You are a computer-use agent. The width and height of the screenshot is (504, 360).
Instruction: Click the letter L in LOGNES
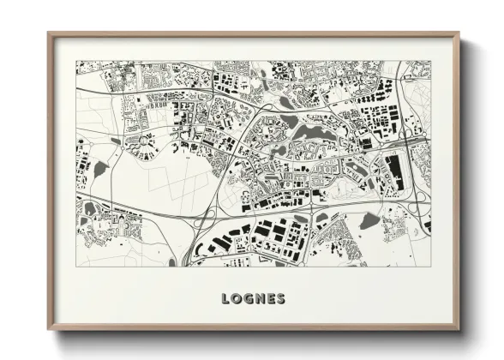(226, 299)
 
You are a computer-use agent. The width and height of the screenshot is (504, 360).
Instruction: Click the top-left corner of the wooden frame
(49, 34)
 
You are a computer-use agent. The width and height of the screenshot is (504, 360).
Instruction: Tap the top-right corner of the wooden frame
(459, 34)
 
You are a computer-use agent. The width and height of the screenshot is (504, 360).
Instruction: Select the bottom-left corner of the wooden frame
(49, 329)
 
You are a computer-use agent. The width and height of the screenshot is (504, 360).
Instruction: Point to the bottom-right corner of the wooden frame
(459, 329)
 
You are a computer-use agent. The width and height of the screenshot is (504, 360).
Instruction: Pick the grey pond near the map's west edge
(99, 169)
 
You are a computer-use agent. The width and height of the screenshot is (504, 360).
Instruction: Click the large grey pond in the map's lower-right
(369, 221)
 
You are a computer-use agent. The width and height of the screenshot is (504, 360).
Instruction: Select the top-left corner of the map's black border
(76, 61)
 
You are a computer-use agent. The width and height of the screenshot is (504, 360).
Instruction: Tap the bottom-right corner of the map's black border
(430, 266)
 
